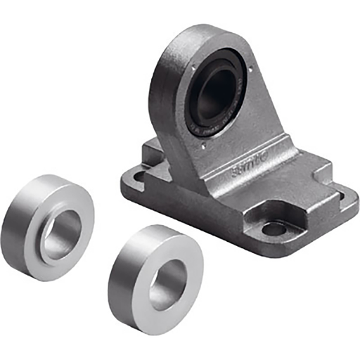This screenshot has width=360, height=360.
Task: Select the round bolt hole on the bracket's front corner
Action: pos(275,229)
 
